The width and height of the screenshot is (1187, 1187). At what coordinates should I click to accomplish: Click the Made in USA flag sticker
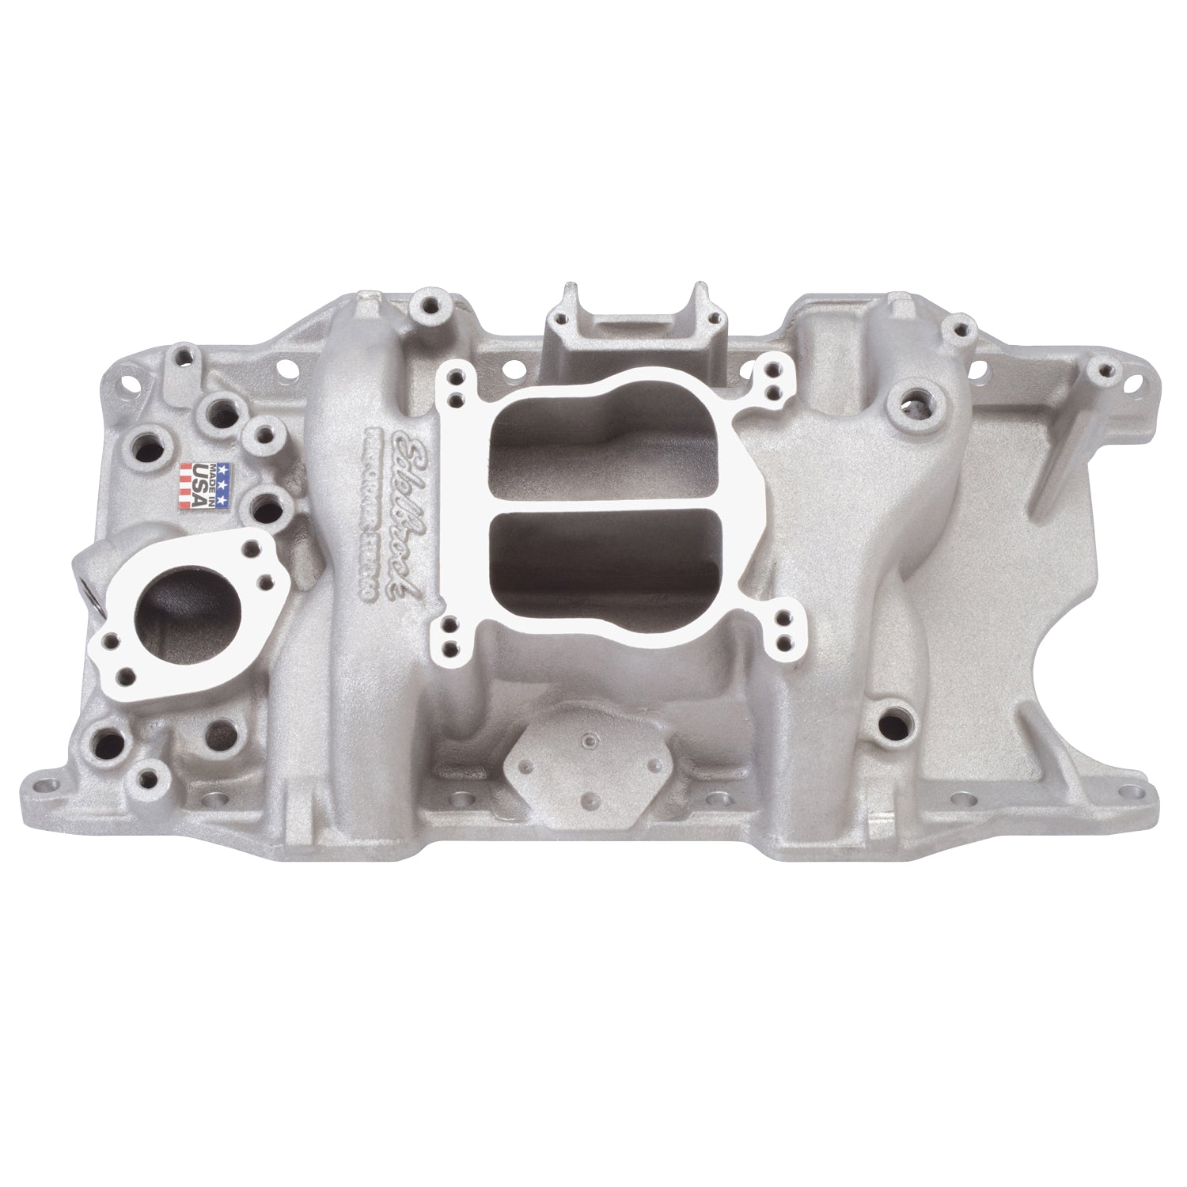pos(206,484)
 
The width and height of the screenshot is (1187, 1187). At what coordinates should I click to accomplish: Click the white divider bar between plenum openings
pos(601,500)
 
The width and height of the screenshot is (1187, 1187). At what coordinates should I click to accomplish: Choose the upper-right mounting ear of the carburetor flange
pos(772,377)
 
